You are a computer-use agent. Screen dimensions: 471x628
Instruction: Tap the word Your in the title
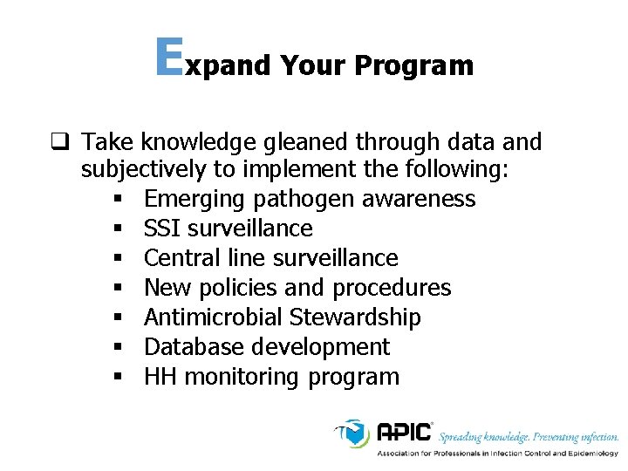tap(313, 65)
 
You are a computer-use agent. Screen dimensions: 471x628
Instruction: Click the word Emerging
tap(195, 200)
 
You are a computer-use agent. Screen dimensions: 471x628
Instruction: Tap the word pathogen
tap(303, 200)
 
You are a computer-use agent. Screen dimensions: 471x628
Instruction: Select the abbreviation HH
tap(159, 377)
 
